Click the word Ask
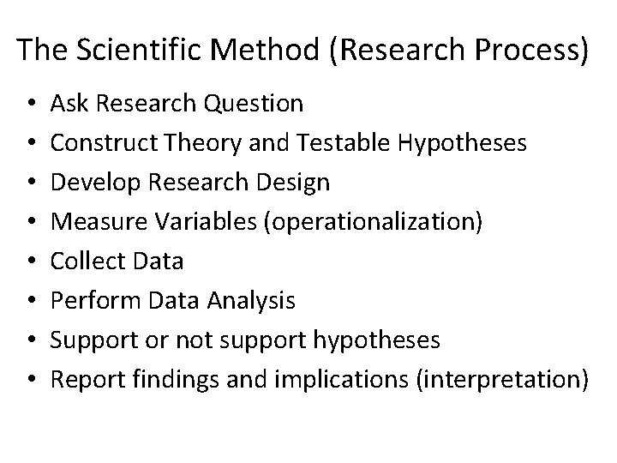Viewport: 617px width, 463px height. pos(66,105)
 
